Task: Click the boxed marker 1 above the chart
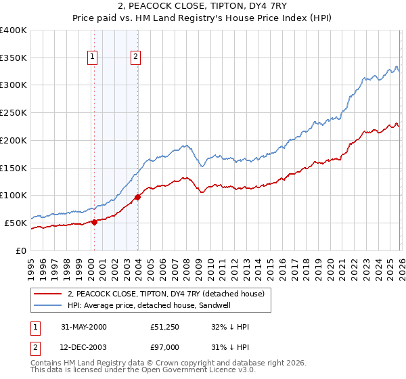click(x=92, y=58)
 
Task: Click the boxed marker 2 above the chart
click(x=136, y=58)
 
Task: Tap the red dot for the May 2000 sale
click(x=95, y=221)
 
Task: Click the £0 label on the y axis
click(x=22, y=250)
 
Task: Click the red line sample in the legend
click(x=48, y=293)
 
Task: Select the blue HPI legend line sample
click(x=48, y=305)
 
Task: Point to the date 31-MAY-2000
click(x=83, y=327)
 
